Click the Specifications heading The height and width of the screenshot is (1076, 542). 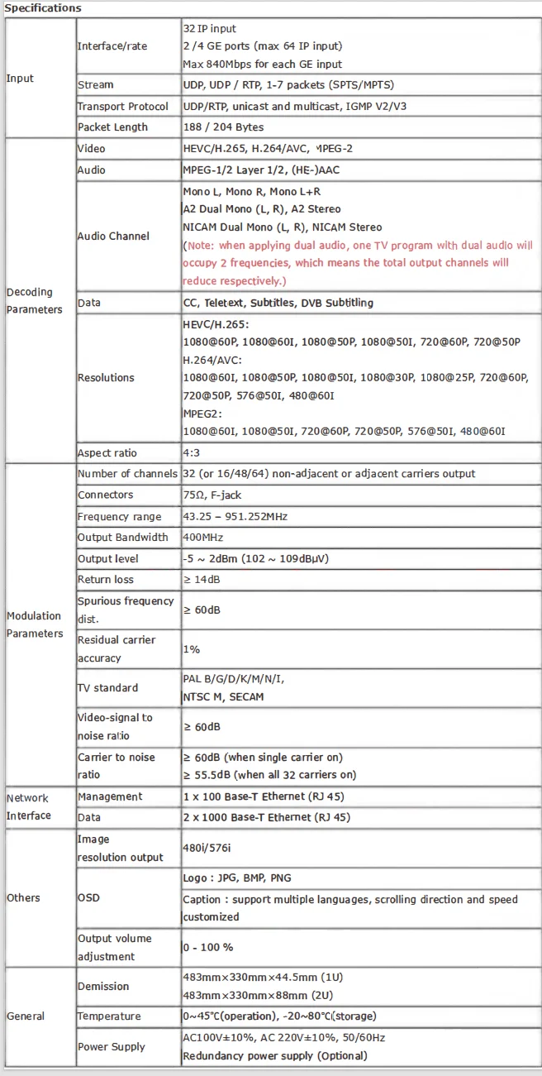[44, 8]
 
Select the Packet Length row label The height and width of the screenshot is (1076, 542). [112, 127]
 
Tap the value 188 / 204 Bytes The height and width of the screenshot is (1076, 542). [223, 127]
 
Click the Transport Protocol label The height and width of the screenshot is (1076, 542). [122, 107]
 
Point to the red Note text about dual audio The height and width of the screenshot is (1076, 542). [357, 263]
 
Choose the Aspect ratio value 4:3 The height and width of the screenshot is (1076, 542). [193, 453]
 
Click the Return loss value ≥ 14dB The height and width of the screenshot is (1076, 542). [206, 580]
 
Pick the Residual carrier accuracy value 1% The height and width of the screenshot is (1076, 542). [191, 649]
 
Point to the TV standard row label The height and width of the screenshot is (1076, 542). [107, 688]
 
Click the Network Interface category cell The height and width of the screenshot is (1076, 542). [29, 806]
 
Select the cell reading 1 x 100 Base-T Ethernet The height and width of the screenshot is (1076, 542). [263, 796]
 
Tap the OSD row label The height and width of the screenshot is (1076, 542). [88, 898]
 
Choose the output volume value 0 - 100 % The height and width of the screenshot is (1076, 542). [207, 947]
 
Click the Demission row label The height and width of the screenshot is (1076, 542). [103, 987]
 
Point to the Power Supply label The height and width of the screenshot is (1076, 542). [111, 1047]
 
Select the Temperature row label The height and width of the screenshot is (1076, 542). [109, 1016]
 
